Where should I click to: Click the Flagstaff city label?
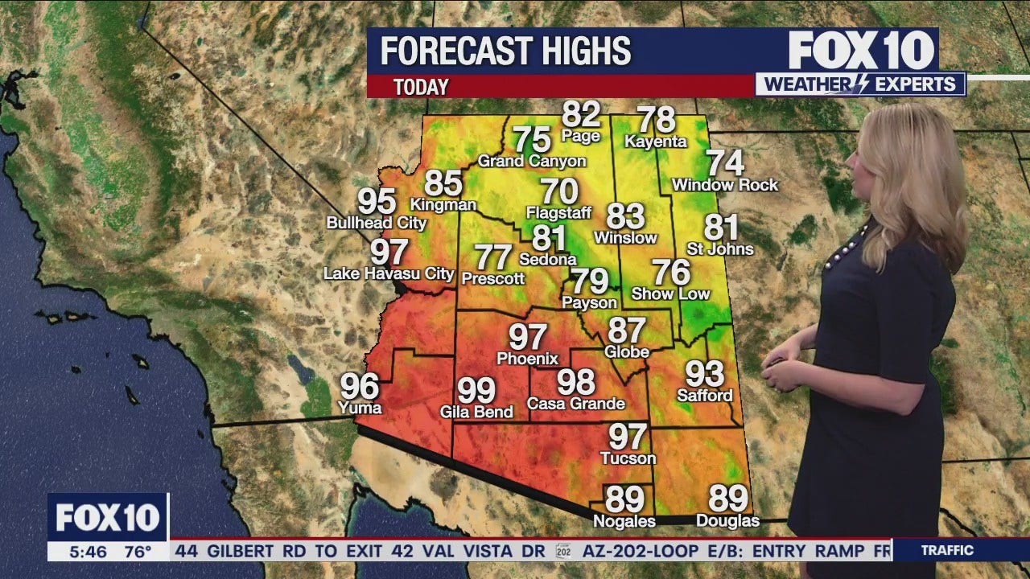pos(558,213)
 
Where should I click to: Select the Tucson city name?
pos(628,458)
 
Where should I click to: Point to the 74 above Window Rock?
pos(725,163)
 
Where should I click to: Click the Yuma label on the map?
pos(360,408)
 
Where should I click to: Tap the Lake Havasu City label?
pos(389,273)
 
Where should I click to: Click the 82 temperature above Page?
pos(581,114)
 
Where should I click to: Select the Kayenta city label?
pos(656,142)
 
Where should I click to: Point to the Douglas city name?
pos(728,521)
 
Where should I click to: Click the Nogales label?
pos(624,521)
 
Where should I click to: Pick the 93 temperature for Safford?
pos(704,374)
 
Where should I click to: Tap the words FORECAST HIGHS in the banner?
pos(505,51)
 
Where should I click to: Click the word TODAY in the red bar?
pos(421,87)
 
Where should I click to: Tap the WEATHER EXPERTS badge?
pos(860,84)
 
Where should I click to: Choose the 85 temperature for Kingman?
pos(443,184)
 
